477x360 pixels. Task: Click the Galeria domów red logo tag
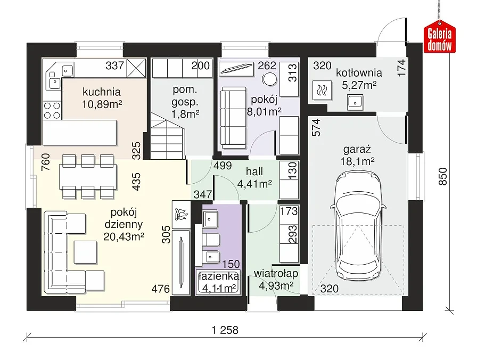[x=439, y=37]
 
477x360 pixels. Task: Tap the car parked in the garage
[x=358, y=226]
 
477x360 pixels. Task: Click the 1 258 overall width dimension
[x=225, y=330]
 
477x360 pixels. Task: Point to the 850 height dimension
[x=442, y=176]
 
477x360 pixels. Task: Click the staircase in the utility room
[x=168, y=136]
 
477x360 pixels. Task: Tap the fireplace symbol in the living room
[x=182, y=215]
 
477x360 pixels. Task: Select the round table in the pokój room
[x=269, y=80]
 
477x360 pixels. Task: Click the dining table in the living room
[x=88, y=176]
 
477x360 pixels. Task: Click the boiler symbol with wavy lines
[x=322, y=91]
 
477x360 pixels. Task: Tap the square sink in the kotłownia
[x=355, y=102]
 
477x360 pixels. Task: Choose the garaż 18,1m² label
[x=357, y=156]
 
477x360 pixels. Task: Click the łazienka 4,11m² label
[x=219, y=282]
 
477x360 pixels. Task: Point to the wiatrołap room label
[x=276, y=274]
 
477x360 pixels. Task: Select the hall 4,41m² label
[x=254, y=178]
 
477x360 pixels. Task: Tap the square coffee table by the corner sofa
[x=86, y=252]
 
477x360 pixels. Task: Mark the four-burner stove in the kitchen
[x=52, y=110]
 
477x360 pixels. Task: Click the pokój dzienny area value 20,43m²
[x=124, y=236]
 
